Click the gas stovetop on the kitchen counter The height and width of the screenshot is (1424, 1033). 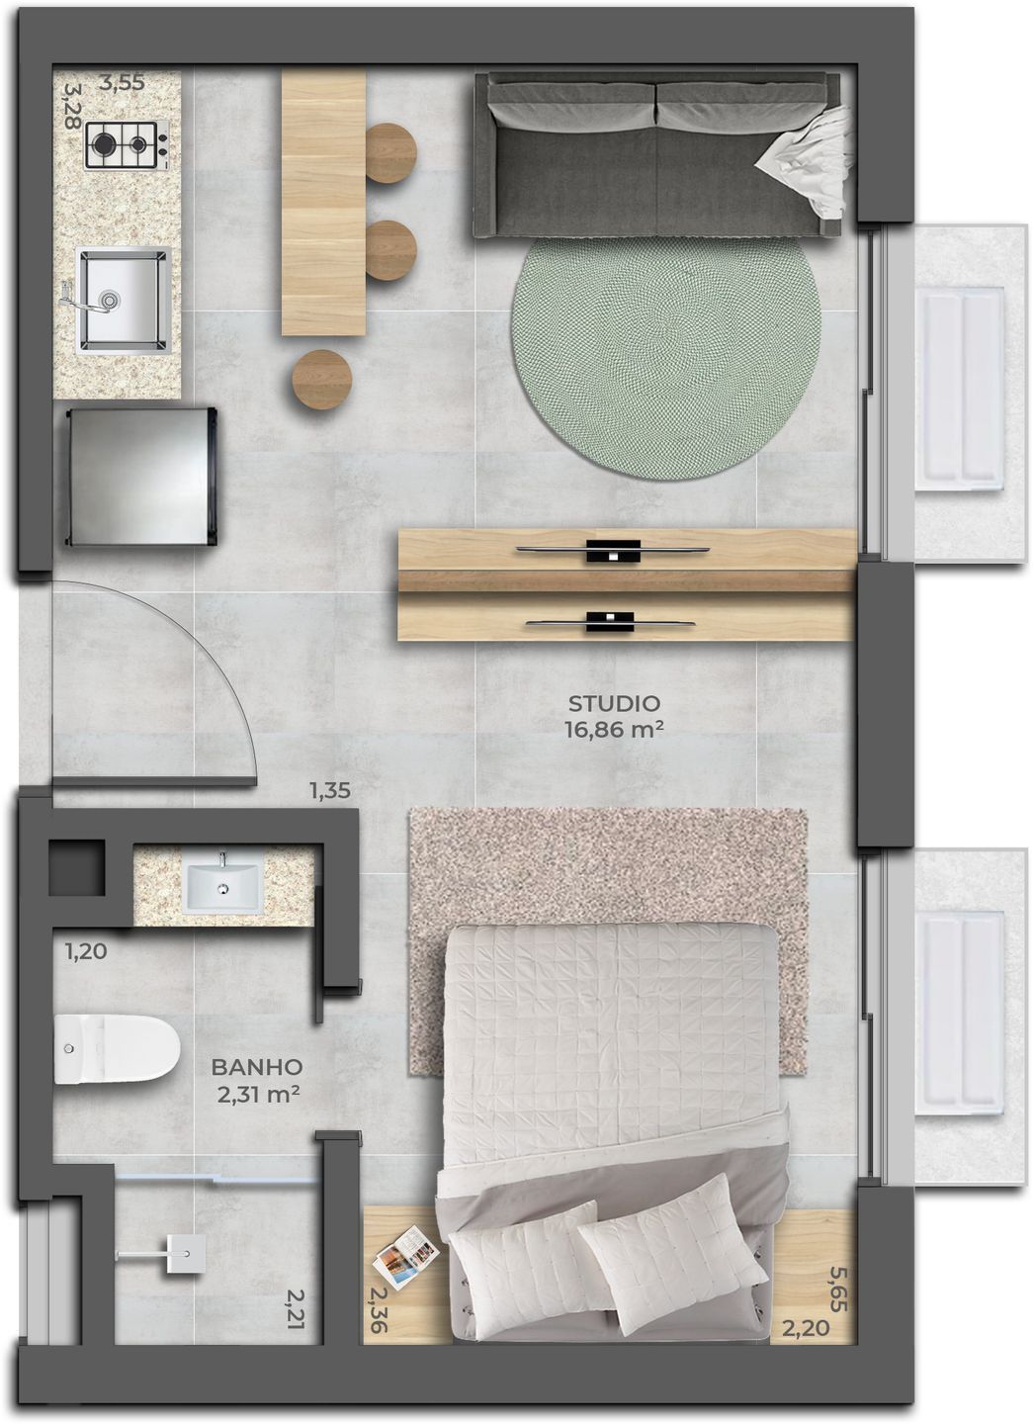tap(126, 145)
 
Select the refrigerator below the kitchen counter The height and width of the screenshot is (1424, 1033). tap(140, 476)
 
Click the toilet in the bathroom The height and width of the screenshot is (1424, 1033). tap(115, 1048)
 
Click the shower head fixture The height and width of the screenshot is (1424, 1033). tap(182, 1253)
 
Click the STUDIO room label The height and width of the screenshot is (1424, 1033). tap(613, 704)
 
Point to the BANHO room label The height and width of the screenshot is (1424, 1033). tap(256, 1068)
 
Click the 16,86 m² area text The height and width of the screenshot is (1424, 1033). tap(614, 730)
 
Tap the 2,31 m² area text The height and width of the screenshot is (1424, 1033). tap(256, 1094)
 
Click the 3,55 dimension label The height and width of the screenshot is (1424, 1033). tap(122, 84)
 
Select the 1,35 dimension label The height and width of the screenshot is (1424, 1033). tap(330, 791)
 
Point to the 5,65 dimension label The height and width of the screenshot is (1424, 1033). tap(838, 1289)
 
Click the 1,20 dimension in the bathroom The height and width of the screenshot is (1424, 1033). tap(86, 952)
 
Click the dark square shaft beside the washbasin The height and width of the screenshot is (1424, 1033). tap(76, 867)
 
